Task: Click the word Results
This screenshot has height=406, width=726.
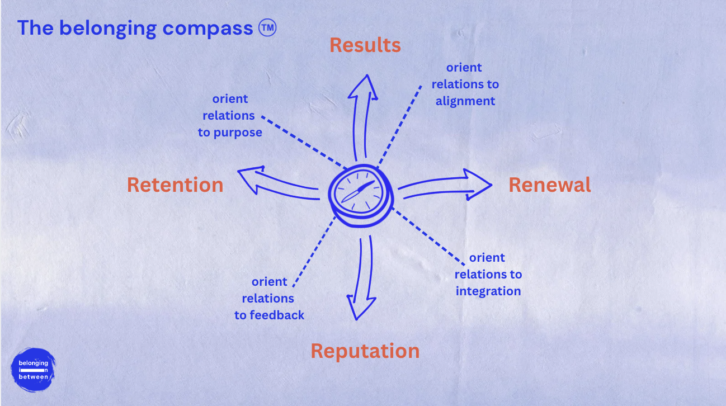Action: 365,45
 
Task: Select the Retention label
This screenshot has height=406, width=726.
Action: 175,185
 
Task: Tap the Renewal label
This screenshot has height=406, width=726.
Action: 549,185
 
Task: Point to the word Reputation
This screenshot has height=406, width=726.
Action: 365,351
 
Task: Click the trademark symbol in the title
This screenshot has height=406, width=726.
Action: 268,27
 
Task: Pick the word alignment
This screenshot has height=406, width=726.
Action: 465,101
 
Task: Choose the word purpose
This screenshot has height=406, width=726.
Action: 238,133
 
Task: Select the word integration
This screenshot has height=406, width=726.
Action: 488,291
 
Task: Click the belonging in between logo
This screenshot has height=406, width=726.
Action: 33,370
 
